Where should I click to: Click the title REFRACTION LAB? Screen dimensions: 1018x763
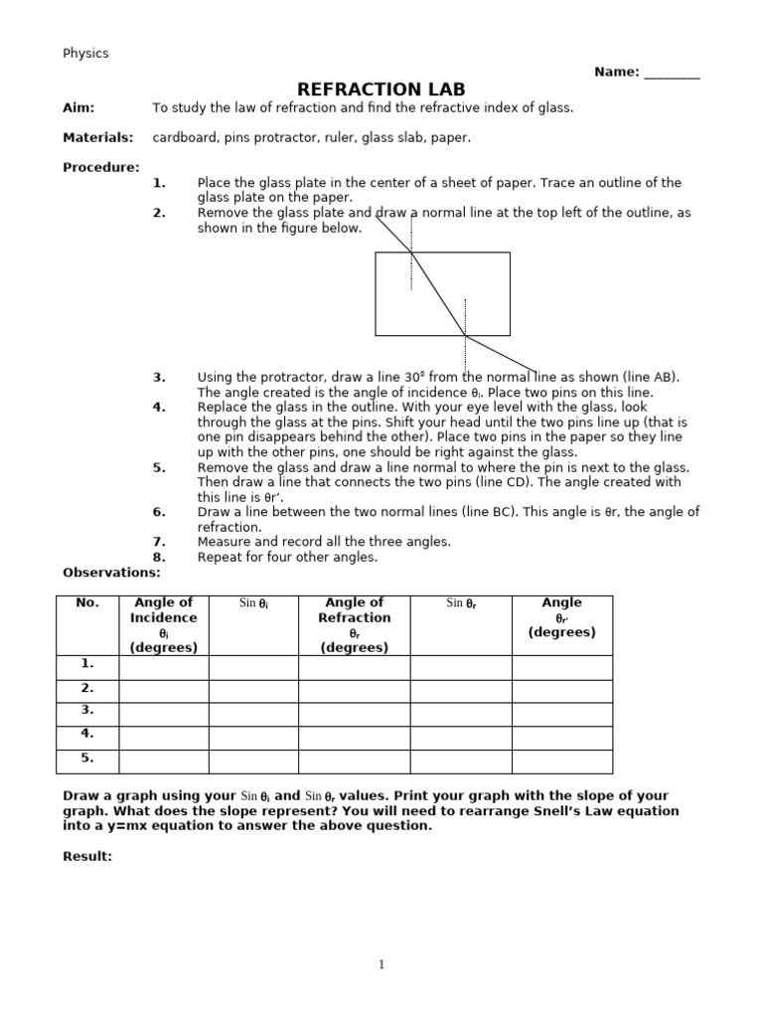381,89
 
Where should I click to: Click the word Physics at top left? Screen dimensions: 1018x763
85,54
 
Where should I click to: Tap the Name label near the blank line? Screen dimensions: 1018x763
616,72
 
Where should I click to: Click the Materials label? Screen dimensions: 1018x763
97,138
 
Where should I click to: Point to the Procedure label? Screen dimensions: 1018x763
100,167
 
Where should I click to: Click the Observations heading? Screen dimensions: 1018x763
111,573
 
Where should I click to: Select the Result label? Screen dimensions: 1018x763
87,856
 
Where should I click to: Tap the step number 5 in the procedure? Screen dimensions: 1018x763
159,467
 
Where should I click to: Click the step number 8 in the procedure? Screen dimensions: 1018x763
159,558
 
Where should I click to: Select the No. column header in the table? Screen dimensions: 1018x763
87,603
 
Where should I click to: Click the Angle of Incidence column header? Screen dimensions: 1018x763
164,624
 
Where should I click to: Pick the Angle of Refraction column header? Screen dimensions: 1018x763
354,624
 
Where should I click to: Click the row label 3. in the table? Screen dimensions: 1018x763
87,710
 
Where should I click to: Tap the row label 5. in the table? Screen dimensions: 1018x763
87,758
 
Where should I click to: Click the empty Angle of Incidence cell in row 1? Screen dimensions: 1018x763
164,667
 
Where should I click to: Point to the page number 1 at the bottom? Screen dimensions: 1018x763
381,964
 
